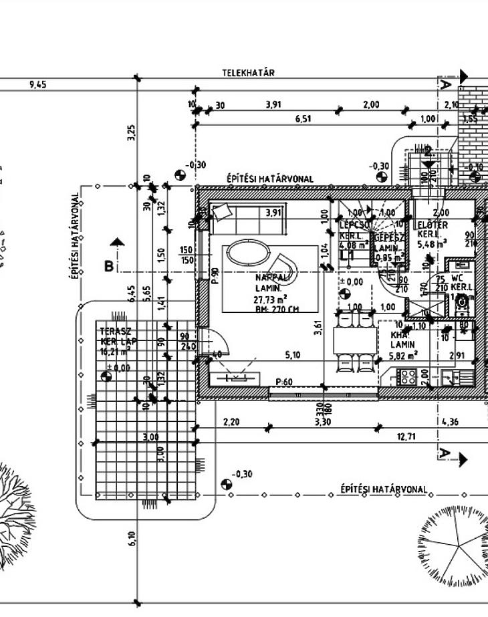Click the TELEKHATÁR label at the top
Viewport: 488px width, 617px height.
pos(249,73)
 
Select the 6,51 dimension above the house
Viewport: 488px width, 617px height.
pos(303,119)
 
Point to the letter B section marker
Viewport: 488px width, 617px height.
pos(108,266)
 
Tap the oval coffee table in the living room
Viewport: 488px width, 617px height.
pos(247,253)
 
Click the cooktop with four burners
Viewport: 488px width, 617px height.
pos(406,377)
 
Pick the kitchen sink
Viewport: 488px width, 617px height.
pos(449,378)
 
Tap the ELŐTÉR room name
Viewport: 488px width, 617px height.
pos(433,225)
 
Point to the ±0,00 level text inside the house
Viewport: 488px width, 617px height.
pos(352,282)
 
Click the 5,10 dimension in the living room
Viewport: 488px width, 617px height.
pos(292,355)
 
